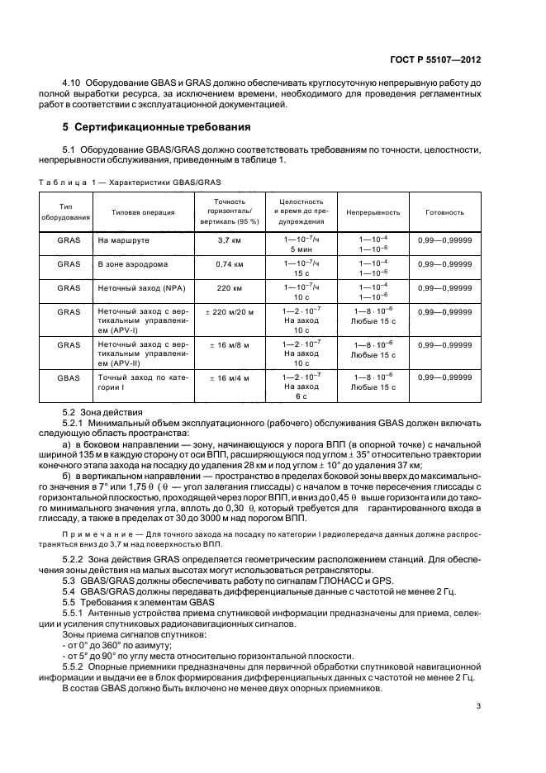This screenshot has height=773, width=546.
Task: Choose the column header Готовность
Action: pos(445,212)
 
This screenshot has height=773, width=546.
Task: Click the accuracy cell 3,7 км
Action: pos(229,240)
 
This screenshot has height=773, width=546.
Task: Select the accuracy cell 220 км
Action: pos(229,289)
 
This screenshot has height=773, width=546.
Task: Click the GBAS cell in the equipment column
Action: pos(69,377)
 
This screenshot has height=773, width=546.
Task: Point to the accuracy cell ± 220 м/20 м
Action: pos(229,311)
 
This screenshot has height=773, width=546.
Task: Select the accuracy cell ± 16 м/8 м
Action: pos(229,344)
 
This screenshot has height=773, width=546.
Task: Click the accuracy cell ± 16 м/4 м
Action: pos(229,377)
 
